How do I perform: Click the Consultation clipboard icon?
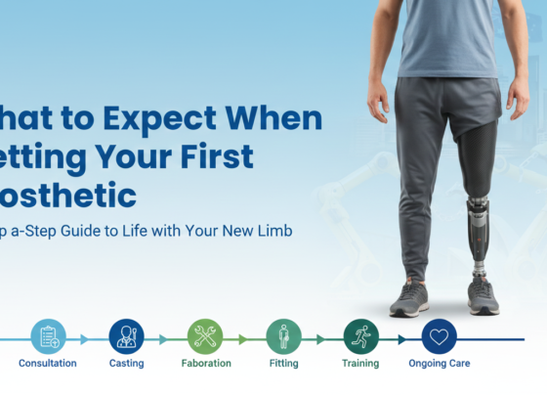point(48,336)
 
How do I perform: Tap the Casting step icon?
point(126,336)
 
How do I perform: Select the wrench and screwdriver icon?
point(205,336)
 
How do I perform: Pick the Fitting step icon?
point(283,336)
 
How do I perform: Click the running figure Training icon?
point(360,336)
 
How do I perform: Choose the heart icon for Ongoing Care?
point(440,336)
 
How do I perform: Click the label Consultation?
point(48,364)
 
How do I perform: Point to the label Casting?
point(127,364)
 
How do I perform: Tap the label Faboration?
point(205,364)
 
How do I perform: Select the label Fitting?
point(283,364)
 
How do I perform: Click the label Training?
point(361,364)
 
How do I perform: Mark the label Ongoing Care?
point(440,364)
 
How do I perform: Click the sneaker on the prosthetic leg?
point(484,295)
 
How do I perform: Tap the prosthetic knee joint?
point(476,206)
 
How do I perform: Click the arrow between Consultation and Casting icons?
point(86,339)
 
